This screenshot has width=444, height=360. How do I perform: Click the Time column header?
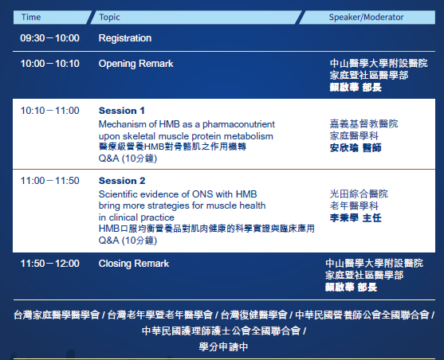[x=31, y=18]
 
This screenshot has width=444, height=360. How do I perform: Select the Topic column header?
[x=109, y=18]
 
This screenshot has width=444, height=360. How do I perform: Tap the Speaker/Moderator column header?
[x=366, y=18]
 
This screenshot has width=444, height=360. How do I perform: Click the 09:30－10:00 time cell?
[x=50, y=38]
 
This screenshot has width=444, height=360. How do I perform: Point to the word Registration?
[x=125, y=38]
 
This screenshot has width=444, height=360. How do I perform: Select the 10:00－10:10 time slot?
[x=50, y=64]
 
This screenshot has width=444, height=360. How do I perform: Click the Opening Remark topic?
[x=136, y=64]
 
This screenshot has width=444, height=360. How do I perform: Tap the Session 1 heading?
[x=122, y=111]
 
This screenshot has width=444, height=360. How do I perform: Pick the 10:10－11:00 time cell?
[x=50, y=111]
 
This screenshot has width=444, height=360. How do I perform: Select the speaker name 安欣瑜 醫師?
[x=356, y=147]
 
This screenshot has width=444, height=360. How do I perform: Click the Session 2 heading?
[x=122, y=181]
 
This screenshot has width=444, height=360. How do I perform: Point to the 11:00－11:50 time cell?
[x=50, y=181]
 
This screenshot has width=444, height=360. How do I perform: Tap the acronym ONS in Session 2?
[x=202, y=194]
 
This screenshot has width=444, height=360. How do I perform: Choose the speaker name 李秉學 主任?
[x=356, y=218]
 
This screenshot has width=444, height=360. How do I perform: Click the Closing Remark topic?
[x=134, y=264]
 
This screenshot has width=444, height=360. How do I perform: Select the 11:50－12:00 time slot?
[x=50, y=264]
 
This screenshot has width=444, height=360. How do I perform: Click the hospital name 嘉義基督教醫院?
[x=363, y=124]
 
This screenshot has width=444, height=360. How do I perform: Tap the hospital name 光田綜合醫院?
[x=359, y=194]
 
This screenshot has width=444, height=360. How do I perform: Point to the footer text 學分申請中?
[x=223, y=347]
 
